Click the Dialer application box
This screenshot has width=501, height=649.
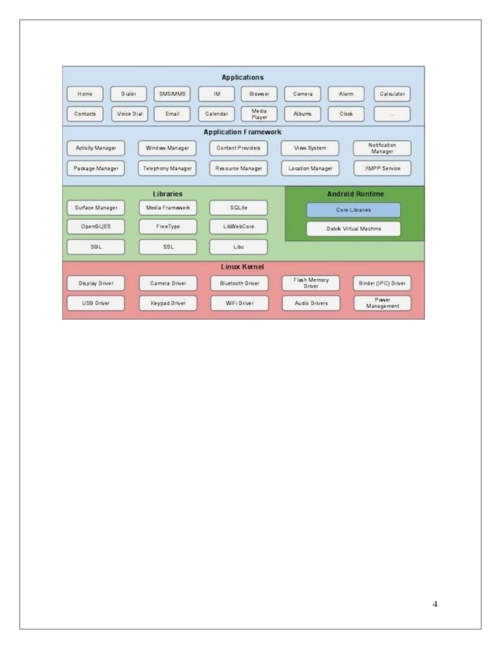(x=129, y=94)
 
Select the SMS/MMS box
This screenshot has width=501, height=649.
(x=172, y=94)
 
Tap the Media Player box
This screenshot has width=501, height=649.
(x=259, y=114)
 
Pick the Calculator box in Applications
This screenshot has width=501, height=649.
(x=392, y=94)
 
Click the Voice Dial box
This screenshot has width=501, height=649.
(x=130, y=114)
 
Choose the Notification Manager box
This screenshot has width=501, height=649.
(x=382, y=148)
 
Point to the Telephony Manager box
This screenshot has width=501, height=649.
(x=167, y=168)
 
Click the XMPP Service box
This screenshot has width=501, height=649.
(x=382, y=168)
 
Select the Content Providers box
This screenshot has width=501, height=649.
(x=238, y=148)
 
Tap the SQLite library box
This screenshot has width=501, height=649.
(x=239, y=208)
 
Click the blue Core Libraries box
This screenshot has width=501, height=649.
(x=353, y=210)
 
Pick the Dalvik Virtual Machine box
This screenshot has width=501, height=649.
(x=353, y=229)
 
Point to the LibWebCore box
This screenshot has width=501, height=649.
(x=239, y=227)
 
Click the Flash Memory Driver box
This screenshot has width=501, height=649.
(x=311, y=283)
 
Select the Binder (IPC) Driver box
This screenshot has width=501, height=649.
(x=382, y=283)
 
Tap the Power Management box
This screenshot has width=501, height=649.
(x=382, y=303)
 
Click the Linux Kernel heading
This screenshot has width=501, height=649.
(x=243, y=267)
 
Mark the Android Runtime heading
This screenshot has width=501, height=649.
(x=356, y=194)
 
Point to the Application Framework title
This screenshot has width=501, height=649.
(x=243, y=132)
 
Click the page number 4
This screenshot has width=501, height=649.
(x=435, y=604)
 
